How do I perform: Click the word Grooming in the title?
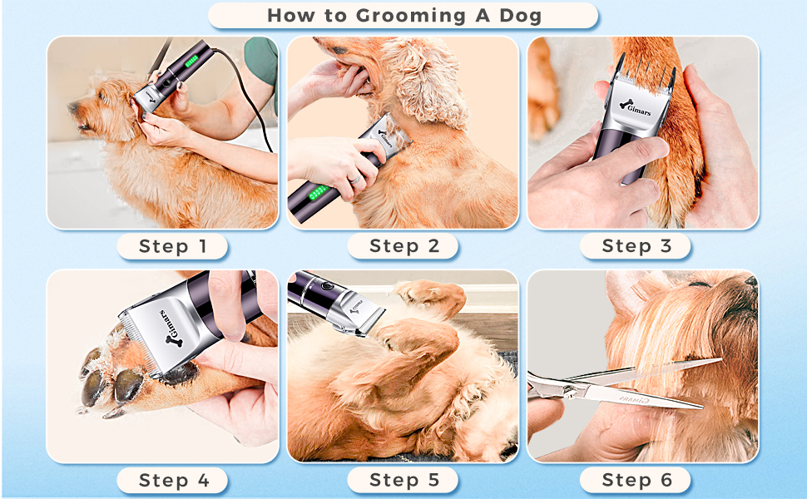pyautogui.click(x=411, y=16)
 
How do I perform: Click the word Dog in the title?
pyautogui.click(x=520, y=16)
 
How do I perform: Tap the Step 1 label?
pyautogui.click(x=172, y=246)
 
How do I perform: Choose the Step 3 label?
pyautogui.click(x=636, y=246)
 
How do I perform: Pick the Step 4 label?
pyautogui.click(x=173, y=481)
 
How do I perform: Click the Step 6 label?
pyautogui.click(x=636, y=480)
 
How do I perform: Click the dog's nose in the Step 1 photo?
pyautogui.click(x=73, y=107)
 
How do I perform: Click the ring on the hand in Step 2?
pyautogui.click(x=355, y=179)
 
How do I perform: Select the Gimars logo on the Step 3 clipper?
pyautogui.click(x=635, y=107)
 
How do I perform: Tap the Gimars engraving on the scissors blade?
pyautogui.click(x=634, y=398)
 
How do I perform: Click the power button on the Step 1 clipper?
pyautogui.click(x=167, y=82)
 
